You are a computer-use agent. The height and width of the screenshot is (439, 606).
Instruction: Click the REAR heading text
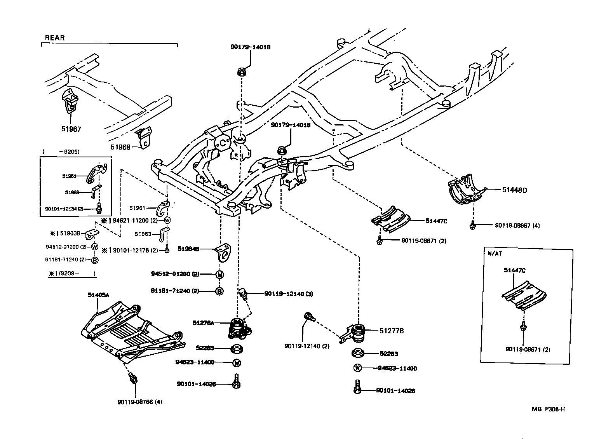(55, 38)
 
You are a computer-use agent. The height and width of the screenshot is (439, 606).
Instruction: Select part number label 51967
(71, 129)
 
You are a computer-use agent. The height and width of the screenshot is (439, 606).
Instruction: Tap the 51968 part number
(120, 147)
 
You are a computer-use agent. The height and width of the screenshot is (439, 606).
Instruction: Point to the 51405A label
(98, 295)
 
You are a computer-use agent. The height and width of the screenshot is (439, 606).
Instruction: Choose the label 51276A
(203, 323)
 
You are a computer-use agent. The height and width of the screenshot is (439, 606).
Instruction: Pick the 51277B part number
(392, 331)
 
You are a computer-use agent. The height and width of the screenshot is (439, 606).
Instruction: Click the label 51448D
(514, 190)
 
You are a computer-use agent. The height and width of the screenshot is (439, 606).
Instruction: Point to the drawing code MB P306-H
(548, 409)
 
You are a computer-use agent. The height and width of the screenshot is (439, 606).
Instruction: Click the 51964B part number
(188, 249)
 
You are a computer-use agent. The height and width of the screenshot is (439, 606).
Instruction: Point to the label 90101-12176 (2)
(135, 250)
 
